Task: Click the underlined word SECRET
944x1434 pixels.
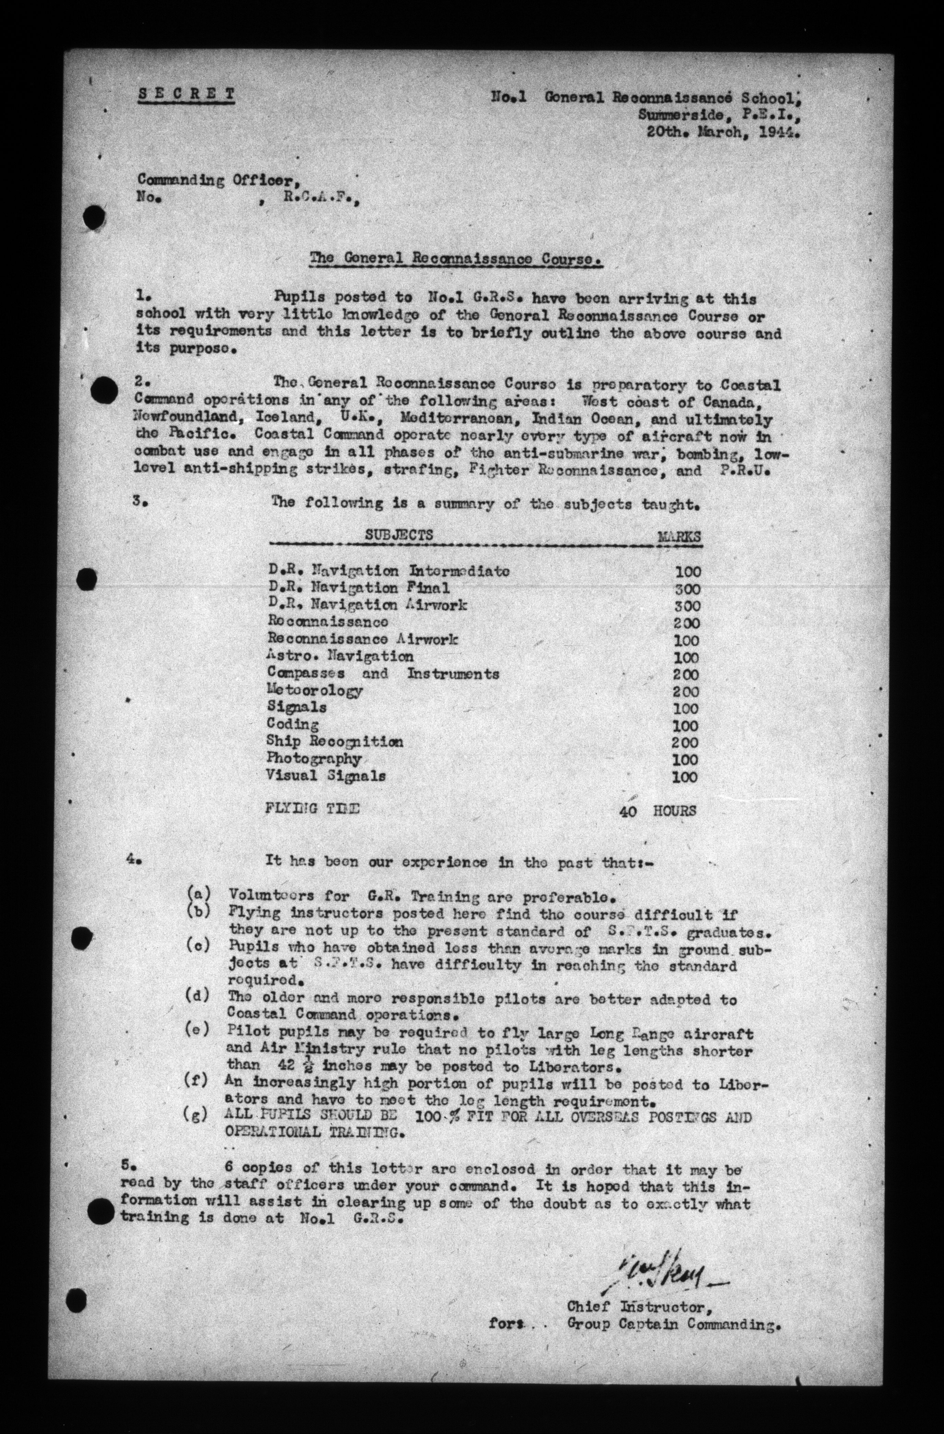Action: coord(186,94)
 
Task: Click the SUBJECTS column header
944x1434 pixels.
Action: coord(399,535)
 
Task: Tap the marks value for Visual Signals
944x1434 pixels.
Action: coord(685,777)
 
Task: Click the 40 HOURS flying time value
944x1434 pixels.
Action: coord(658,811)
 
